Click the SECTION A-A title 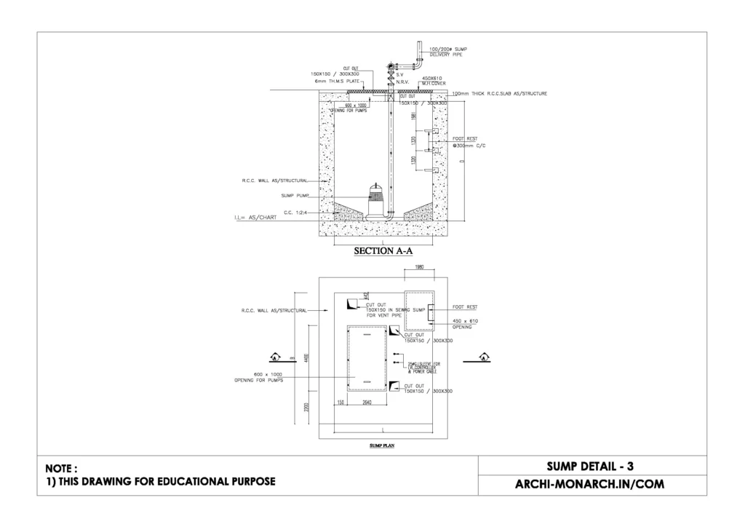383,252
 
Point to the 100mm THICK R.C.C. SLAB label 499,94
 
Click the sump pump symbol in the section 376,200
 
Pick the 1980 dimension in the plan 418,266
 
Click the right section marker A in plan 484,357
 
